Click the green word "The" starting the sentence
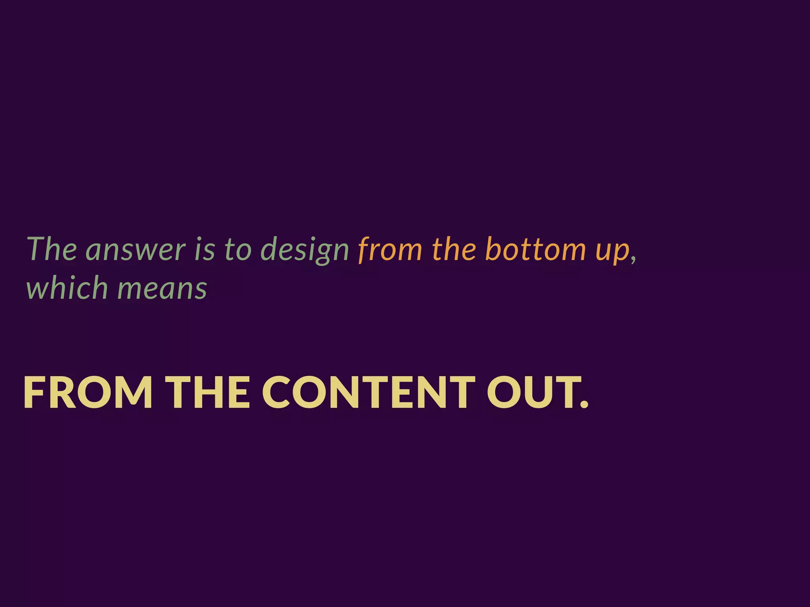click(52, 249)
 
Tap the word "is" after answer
click(204, 249)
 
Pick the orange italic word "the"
click(454, 249)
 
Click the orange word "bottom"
click(535, 249)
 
